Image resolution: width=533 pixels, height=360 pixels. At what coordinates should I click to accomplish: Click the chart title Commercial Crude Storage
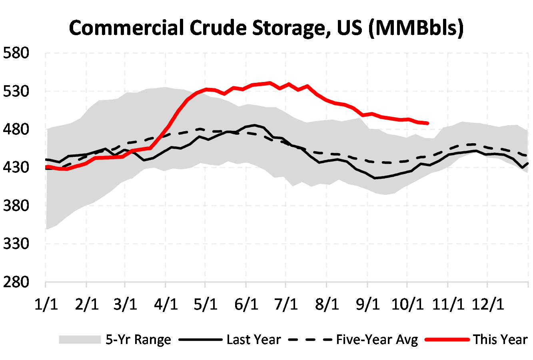pyautogui.click(x=266, y=28)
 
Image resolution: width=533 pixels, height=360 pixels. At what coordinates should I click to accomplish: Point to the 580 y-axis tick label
pyautogui.click(x=16, y=53)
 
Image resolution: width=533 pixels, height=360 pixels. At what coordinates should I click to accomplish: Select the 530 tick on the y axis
pyautogui.click(x=16, y=91)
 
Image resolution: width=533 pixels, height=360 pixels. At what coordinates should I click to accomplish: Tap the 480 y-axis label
pyautogui.click(x=16, y=129)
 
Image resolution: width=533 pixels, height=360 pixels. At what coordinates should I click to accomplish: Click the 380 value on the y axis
pyautogui.click(x=16, y=206)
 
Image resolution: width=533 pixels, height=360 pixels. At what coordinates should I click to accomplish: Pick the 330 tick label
pyautogui.click(x=16, y=244)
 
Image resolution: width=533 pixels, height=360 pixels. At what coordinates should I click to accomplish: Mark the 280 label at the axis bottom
pyautogui.click(x=16, y=282)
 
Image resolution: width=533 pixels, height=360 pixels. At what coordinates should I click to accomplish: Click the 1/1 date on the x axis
pyautogui.click(x=46, y=304)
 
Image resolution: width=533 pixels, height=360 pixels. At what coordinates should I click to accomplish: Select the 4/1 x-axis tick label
pyautogui.click(x=166, y=304)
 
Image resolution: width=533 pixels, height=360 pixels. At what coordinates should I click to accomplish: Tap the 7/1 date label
pyautogui.click(x=286, y=304)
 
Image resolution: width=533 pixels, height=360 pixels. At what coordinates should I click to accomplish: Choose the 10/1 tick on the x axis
pyautogui.click(x=407, y=304)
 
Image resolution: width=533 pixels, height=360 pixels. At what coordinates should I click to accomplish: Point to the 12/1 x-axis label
pyautogui.click(x=487, y=304)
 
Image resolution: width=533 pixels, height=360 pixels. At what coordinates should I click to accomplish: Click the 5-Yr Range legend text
pyautogui.click(x=138, y=340)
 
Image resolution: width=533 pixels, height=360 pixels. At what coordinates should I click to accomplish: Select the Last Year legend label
pyautogui.click(x=254, y=340)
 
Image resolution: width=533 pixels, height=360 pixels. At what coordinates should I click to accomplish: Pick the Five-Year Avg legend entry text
pyautogui.click(x=377, y=340)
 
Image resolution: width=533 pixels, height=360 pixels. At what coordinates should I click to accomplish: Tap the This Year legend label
pyautogui.click(x=501, y=340)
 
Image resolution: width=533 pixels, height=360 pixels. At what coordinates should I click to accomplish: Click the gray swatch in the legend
pyautogui.click(x=80, y=340)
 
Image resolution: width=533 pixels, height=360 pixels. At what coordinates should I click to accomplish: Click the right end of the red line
pyautogui.click(x=427, y=123)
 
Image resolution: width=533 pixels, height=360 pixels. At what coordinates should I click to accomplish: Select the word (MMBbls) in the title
pyautogui.click(x=416, y=28)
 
